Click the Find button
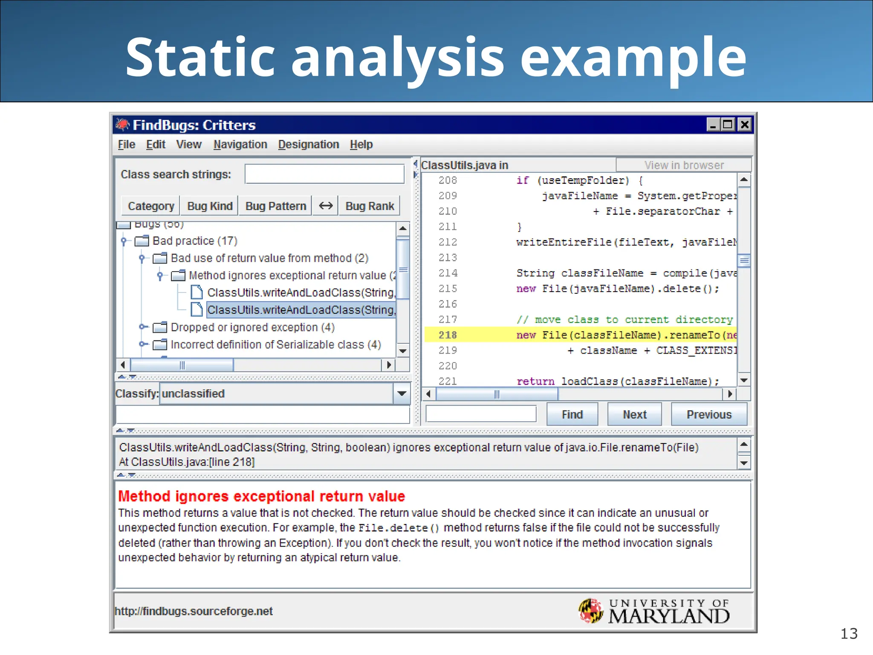(572, 414)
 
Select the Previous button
(708, 414)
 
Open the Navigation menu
(240, 145)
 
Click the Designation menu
(308, 145)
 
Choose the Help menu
(361, 145)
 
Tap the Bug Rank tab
(370, 206)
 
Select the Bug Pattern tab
(275, 206)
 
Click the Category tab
(151, 206)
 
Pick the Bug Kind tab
(210, 206)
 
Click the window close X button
(744, 125)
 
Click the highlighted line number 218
(448, 335)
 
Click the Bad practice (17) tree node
(195, 241)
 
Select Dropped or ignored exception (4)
(252, 327)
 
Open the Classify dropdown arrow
(401, 394)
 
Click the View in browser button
(683, 165)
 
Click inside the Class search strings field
(324, 174)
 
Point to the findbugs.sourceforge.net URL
(194, 611)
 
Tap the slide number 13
(848, 634)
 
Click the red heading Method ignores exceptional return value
(261, 496)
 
